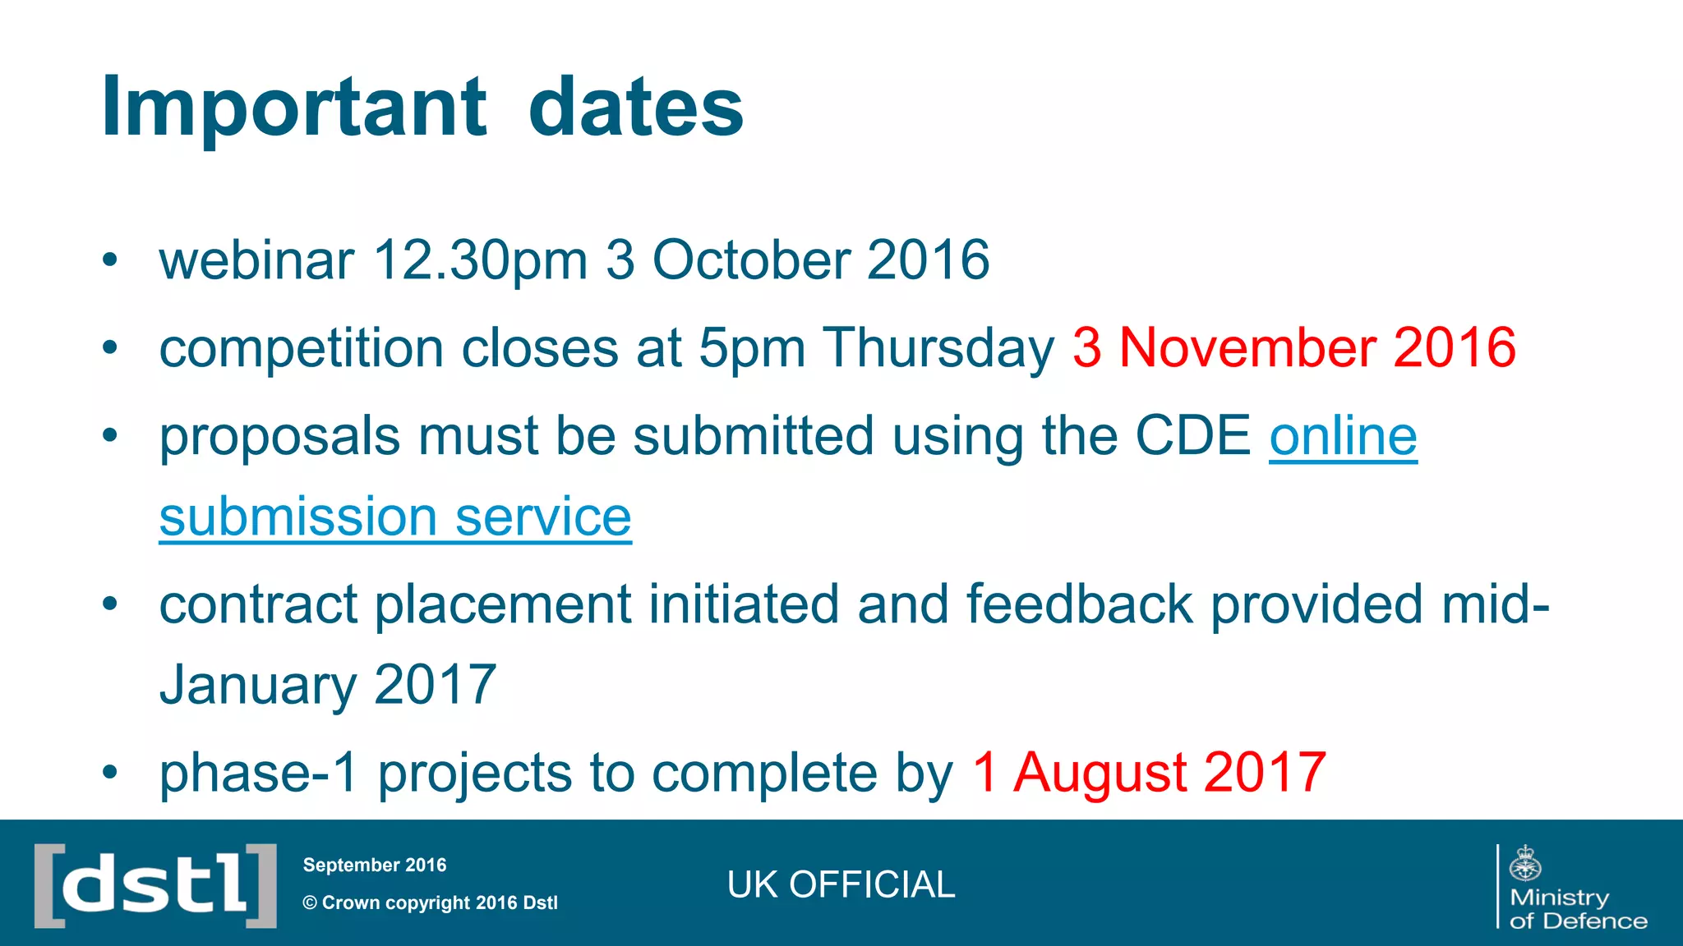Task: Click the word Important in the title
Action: pyautogui.click(x=293, y=107)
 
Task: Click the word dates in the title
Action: pyautogui.click(x=635, y=107)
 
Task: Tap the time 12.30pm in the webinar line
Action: pyautogui.click(x=480, y=260)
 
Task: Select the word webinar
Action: pyautogui.click(x=256, y=260)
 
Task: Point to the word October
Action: pyautogui.click(x=750, y=260)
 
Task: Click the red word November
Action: pyautogui.click(x=1247, y=347)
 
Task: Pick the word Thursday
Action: pyautogui.click(x=938, y=349)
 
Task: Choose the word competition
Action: pyautogui.click(x=301, y=349)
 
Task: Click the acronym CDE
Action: pyautogui.click(x=1192, y=435)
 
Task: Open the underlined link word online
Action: pyautogui.click(x=1343, y=435)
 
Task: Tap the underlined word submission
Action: pyautogui.click(x=297, y=517)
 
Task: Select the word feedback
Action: pyautogui.click(x=1079, y=604)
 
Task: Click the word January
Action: pyautogui.click(x=257, y=686)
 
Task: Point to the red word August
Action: pyautogui.click(x=1100, y=774)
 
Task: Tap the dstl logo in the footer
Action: pyautogui.click(x=155, y=885)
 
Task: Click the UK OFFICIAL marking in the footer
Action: pyautogui.click(x=841, y=885)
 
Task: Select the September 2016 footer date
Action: pyautogui.click(x=375, y=865)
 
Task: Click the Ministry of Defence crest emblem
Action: pyautogui.click(x=1525, y=864)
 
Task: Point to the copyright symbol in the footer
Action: pyautogui.click(x=310, y=903)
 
